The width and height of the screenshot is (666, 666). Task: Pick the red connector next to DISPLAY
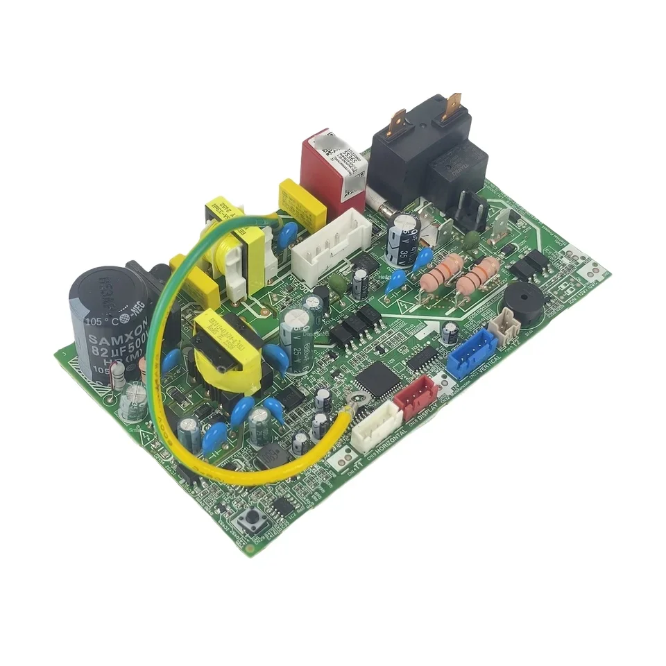416,398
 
